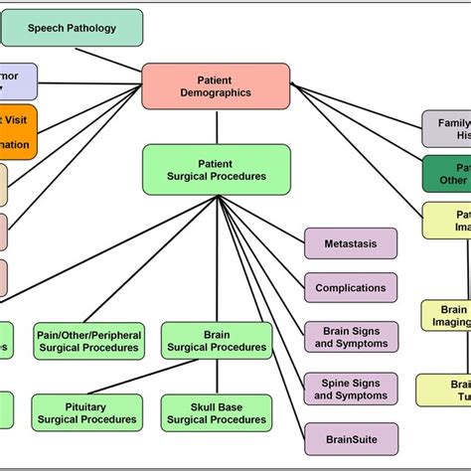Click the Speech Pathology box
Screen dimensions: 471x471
72,29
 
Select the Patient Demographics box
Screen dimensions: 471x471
216,85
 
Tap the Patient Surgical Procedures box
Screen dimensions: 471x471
216,169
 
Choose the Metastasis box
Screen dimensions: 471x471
351,243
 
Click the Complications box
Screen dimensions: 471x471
351,288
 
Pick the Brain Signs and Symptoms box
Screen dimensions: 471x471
351,337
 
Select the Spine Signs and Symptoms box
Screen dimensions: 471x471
351,389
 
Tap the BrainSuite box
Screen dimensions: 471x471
351,437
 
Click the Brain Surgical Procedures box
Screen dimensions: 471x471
216,341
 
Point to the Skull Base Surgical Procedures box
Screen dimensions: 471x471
216,412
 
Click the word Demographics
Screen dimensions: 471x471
216,92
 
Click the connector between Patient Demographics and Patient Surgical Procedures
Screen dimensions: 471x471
216,126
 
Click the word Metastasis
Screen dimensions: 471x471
351,243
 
